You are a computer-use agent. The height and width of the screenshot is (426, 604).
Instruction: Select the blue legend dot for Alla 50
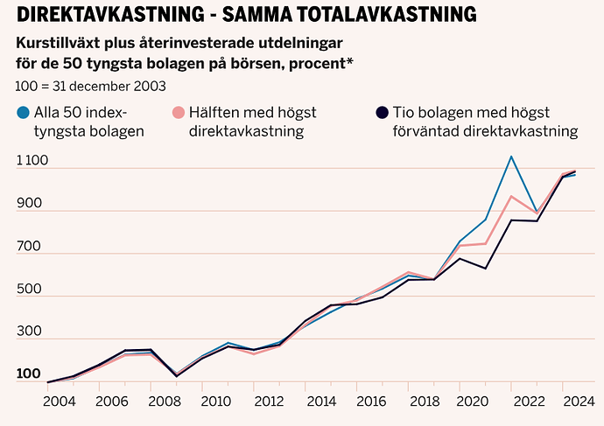point(22,112)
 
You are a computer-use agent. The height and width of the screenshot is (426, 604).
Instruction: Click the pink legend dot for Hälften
point(178,112)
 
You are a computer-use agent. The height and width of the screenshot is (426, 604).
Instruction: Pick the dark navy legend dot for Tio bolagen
point(381,112)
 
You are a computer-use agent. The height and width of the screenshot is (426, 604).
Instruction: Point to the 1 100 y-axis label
point(35,161)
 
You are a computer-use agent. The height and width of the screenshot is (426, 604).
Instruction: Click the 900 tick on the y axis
point(29,204)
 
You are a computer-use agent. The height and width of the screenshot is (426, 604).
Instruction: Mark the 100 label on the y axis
point(29,374)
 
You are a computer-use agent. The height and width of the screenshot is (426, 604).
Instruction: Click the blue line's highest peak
point(511,157)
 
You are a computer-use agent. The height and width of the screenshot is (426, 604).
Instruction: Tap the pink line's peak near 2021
point(511,196)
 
